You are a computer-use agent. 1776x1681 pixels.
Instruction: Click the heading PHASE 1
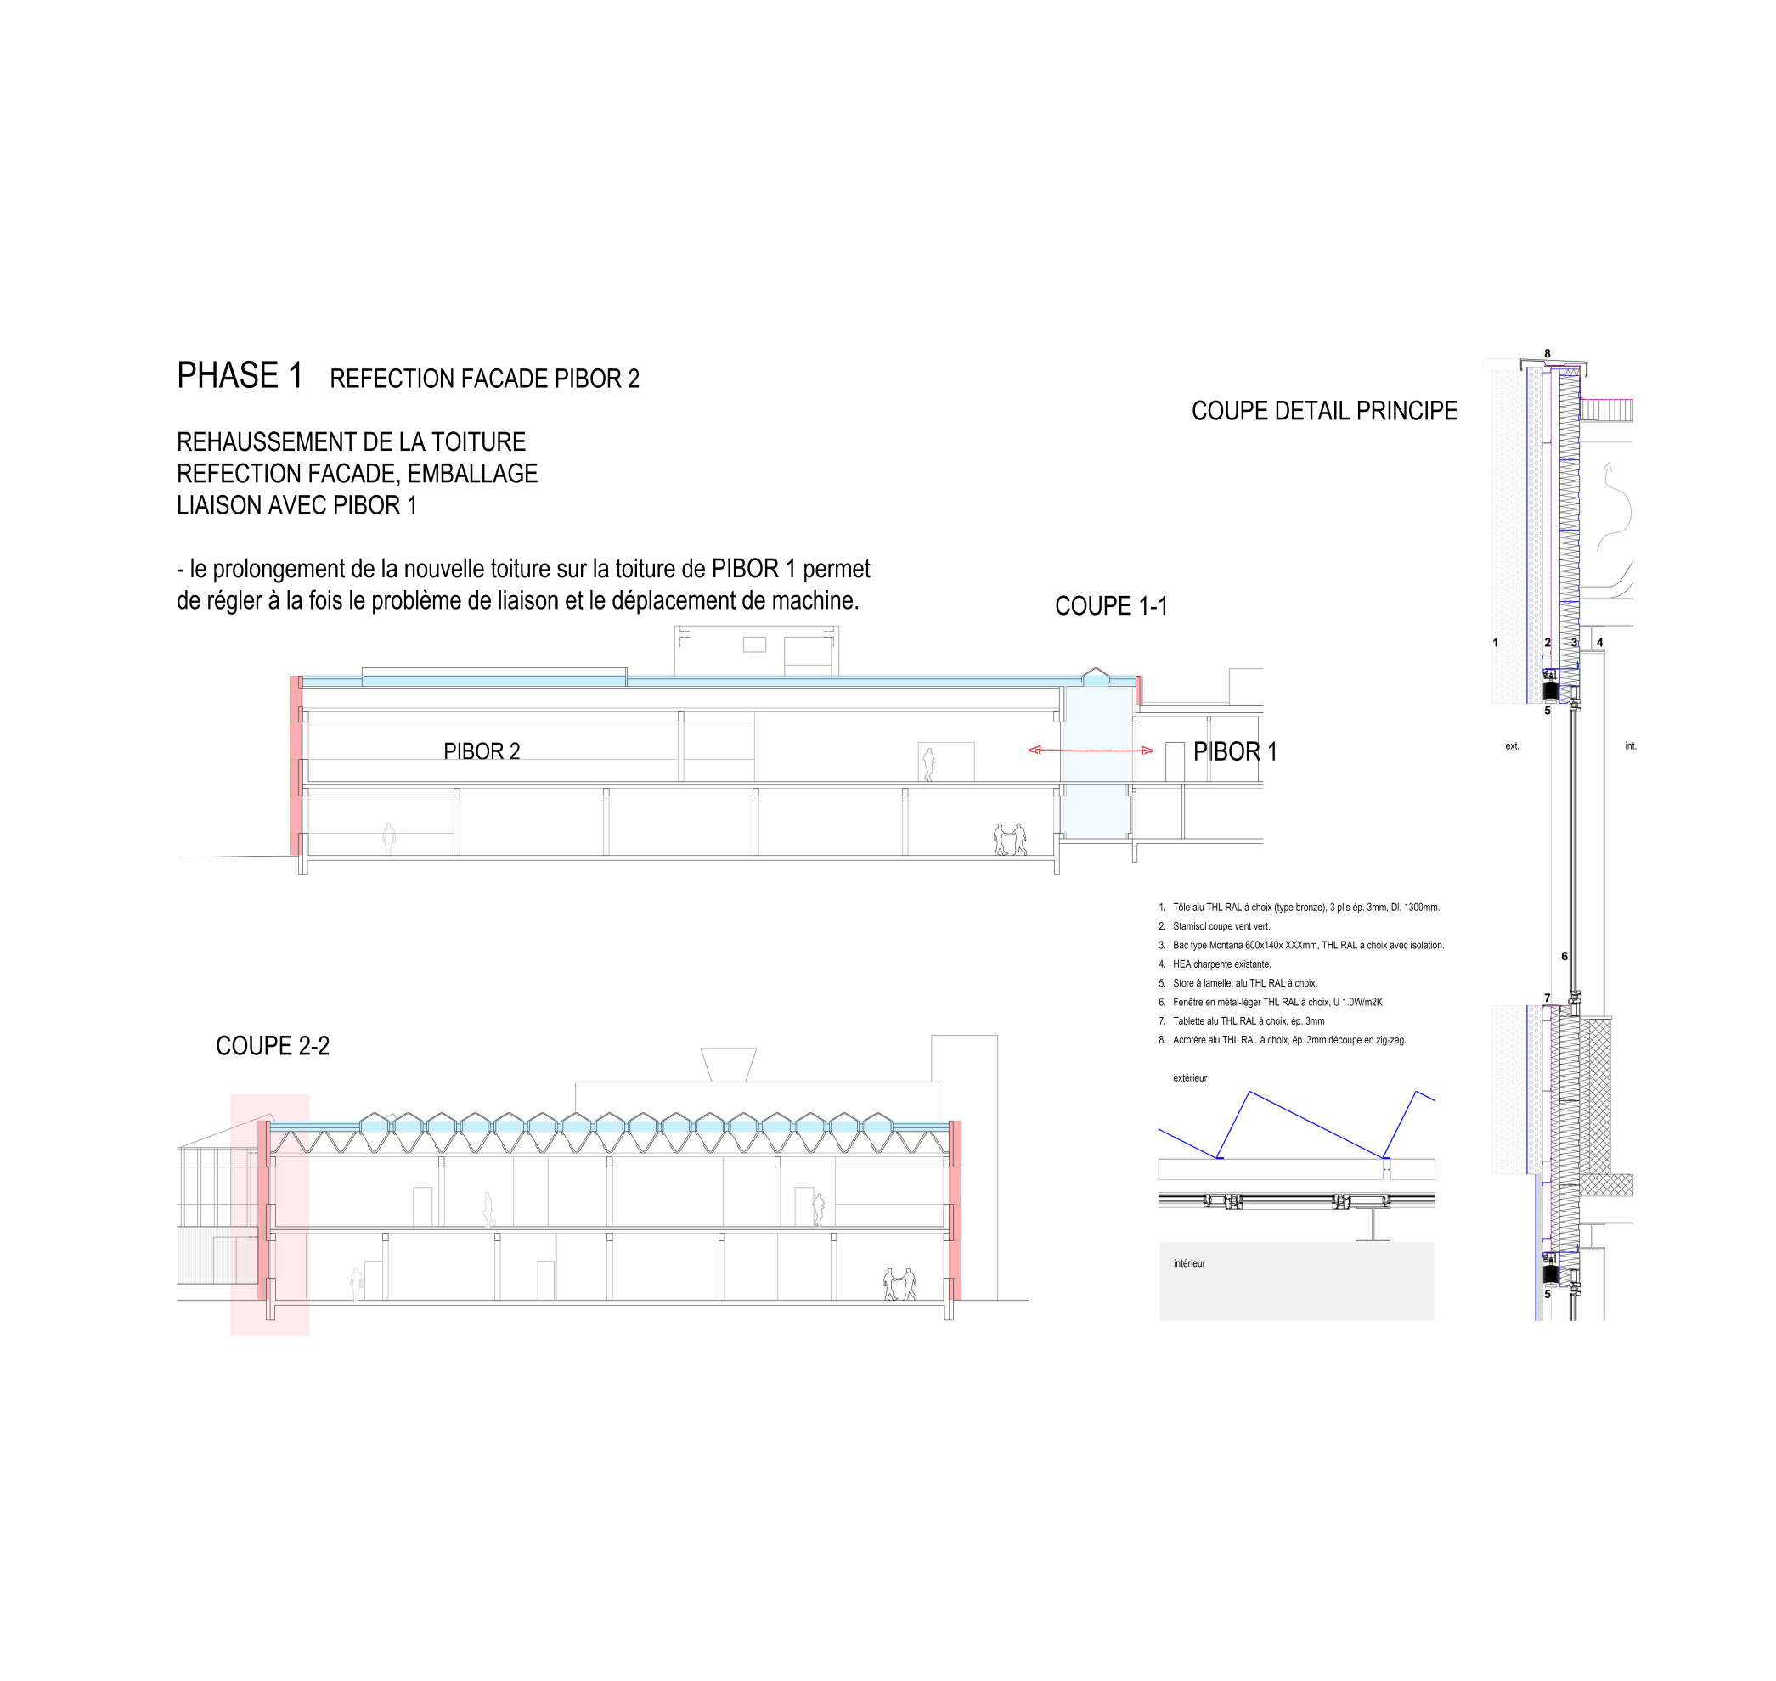(240, 376)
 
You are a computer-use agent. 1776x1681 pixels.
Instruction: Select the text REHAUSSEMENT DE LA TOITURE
(351, 441)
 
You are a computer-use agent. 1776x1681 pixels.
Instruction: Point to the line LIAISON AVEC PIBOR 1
(296, 505)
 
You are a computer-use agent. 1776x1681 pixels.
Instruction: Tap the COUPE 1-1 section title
(1111, 607)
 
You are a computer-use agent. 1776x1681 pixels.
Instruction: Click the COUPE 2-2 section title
(273, 1046)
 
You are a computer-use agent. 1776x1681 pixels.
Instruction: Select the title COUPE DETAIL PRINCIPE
(1323, 410)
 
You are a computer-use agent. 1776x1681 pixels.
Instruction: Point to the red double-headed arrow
(1091, 750)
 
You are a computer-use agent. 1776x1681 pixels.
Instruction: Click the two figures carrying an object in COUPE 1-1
(1010, 840)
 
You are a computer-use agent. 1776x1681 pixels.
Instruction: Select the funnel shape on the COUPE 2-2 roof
(728, 1065)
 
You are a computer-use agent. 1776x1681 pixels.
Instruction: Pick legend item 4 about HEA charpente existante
(1214, 964)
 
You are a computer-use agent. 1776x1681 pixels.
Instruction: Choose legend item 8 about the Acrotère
(1281, 1040)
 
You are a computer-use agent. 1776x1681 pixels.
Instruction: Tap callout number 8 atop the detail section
(1547, 354)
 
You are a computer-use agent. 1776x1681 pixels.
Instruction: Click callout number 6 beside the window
(1565, 956)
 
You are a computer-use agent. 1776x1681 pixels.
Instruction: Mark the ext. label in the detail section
(1512, 745)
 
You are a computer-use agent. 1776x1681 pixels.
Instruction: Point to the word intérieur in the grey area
(1189, 1263)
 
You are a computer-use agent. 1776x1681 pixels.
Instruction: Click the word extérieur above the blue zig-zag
(1190, 1078)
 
